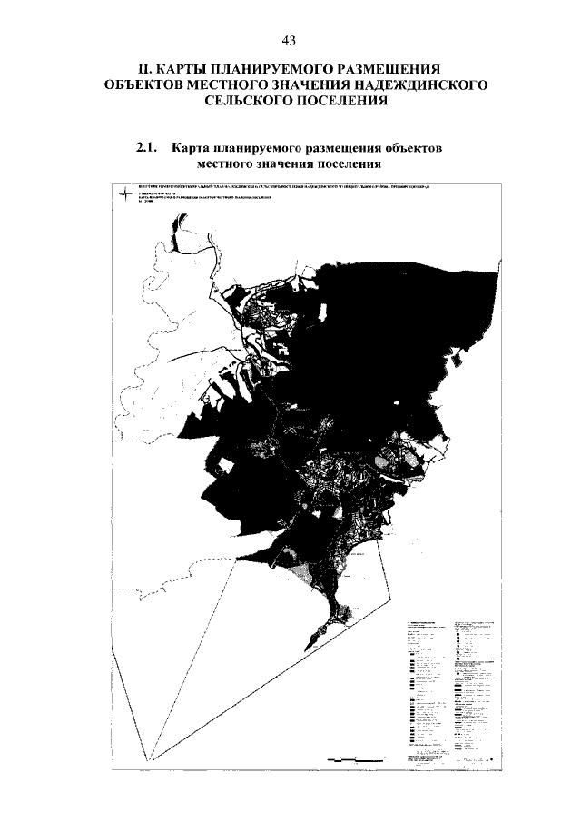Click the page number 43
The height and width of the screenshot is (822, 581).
290,40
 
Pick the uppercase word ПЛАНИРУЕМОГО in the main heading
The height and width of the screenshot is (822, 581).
286,69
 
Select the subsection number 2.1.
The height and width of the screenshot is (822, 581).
147,148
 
